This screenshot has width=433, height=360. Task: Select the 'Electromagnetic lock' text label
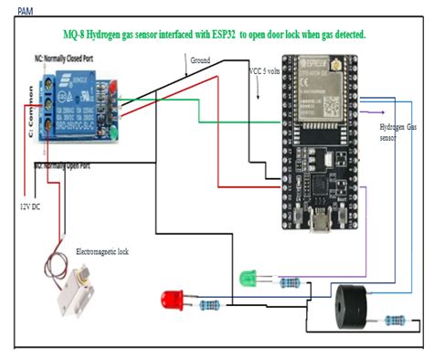102,250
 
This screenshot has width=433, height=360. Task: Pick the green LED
248,277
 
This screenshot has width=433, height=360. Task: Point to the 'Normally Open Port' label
67,165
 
